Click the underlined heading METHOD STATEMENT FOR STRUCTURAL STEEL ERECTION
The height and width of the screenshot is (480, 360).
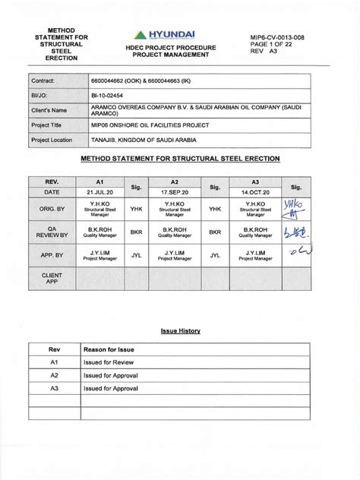[x=180, y=159]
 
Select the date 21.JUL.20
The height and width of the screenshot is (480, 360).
[x=99, y=194]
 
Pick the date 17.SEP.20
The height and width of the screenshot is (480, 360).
[x=174, y=194]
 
